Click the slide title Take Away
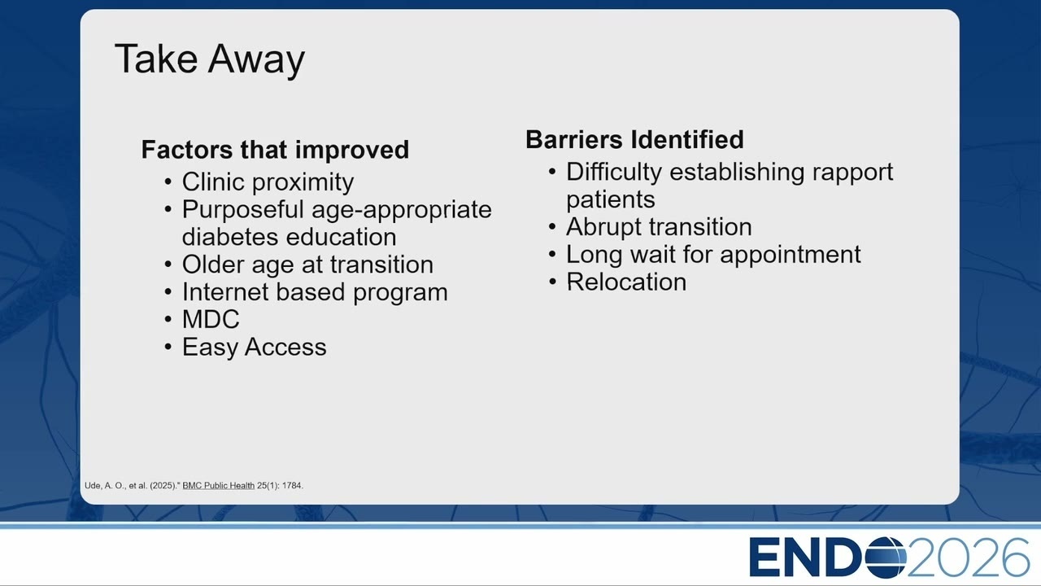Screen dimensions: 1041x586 (210, 59)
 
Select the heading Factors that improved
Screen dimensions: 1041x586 (275, 150)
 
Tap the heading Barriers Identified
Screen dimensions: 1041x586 (634, 139)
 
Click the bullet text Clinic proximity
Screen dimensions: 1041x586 (268, 182)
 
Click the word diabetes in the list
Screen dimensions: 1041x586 (230, 237)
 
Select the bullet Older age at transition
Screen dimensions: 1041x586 (307, 265)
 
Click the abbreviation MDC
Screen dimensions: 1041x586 (211, 320)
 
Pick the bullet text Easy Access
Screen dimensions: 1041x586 (255, 348)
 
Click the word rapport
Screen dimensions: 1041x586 (852, 173)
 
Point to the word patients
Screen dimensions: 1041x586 (611, 200)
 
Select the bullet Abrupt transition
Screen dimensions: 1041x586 (659, 227)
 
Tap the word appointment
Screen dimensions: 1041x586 (790, 255)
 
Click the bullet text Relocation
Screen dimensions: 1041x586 (626, 282)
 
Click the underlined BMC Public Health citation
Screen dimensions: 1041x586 (219, 486)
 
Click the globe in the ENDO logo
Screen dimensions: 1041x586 (886, 558)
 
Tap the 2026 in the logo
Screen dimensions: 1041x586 (968, 558)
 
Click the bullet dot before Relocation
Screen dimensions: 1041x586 (552, 282)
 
